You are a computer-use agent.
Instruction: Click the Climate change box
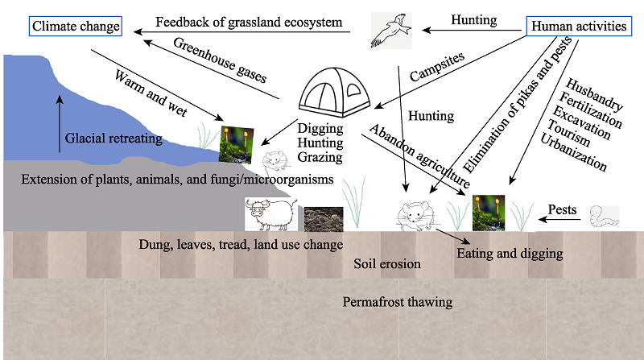[x=76, y=27]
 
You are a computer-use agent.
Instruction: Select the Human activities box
[x=579, y=27]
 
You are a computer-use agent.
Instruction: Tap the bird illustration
[x=391, y=31]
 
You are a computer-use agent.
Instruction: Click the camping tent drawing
[x=334, y=93]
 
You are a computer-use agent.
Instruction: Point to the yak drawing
[x=271, y=214]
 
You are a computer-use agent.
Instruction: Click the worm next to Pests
[x=605, y=216]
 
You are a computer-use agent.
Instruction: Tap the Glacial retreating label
[x=114, y=138]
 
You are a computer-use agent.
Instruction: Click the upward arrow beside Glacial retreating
[x=60, y=124]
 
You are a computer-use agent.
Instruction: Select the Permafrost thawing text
[x=398, y=302]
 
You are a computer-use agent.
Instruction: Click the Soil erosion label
[x=387, y=263]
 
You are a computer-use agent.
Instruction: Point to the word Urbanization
[x=573, y=152]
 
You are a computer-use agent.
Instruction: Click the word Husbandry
[x=594, y=94]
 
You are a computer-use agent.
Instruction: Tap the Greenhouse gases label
[x=220, y=60]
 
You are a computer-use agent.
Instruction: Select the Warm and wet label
[x=151, y=93]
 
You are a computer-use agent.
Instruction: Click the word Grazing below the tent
[x=320, y=157]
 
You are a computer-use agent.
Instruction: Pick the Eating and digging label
[x=510, y=253]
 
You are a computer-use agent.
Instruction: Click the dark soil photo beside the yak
[x=324, y=219]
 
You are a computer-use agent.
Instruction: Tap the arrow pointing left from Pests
[x=559, y=219]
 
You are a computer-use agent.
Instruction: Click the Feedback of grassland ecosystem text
[x=249, y=23]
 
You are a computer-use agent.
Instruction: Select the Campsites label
[x=437, y=67]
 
